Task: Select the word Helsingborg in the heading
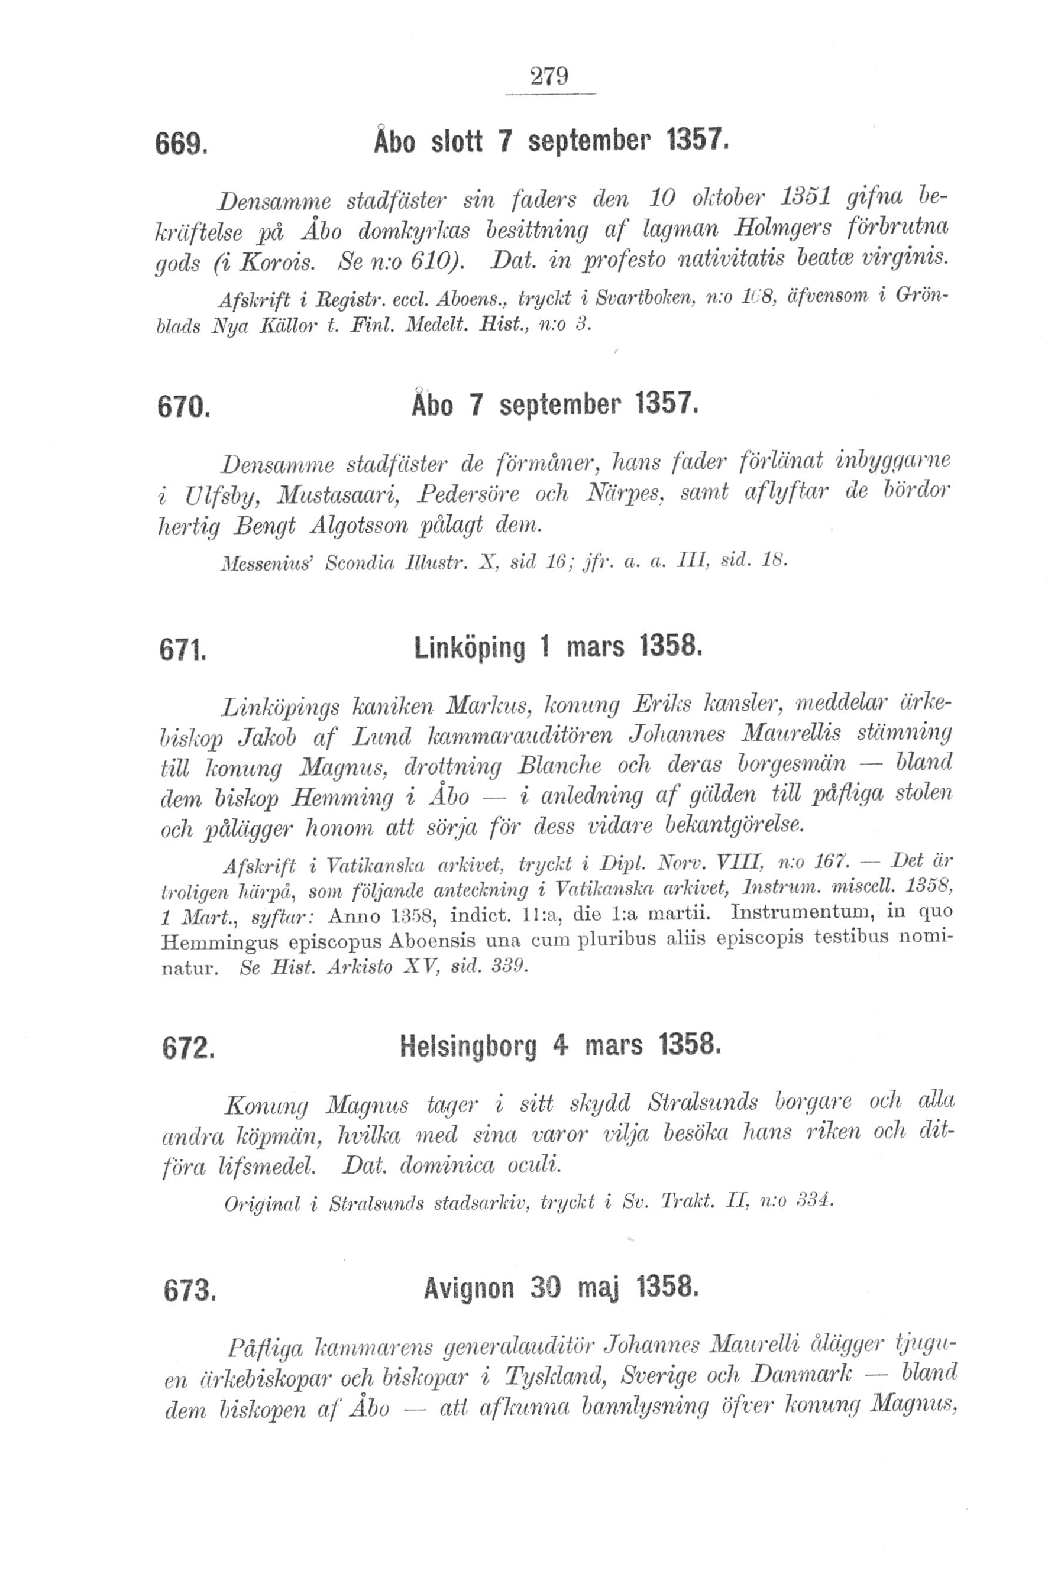click(468, 1047)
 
